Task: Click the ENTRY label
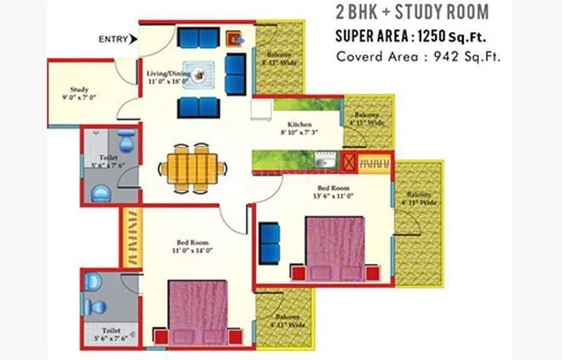tap(113, 39)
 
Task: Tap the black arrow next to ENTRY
tap(134, 39)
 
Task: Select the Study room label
tap(79, 89)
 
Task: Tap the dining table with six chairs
tap(193, 168)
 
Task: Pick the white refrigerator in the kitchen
tap(261, 110)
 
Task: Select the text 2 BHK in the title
tap(358, 13)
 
